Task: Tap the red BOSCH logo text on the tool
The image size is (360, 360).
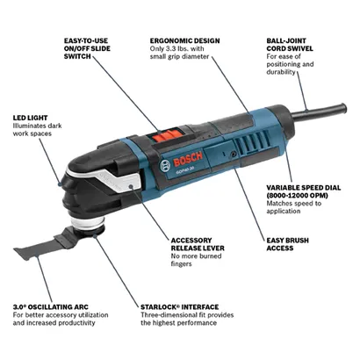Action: coord(188,159)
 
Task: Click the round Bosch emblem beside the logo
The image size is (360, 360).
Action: coord(165,166)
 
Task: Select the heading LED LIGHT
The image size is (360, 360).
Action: coord(30,118)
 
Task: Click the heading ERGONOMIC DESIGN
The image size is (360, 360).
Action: coord(184,40)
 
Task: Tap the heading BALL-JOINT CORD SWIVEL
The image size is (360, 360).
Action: coord(290,45)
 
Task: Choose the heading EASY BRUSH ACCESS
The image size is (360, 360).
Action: coord(287,244)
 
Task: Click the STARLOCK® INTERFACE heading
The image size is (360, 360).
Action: coord(180,307)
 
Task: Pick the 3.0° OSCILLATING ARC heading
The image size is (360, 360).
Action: coord(50,307)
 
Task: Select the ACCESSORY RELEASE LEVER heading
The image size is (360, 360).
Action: coord(198,244)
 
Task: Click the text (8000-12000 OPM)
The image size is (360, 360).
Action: coord(297,195)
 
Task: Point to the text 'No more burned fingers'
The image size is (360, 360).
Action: coord(197,260)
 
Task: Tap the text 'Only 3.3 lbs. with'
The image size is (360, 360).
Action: coord(177,48)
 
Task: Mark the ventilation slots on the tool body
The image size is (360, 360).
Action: coord(251,141)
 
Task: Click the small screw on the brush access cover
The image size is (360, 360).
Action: coord(234,153)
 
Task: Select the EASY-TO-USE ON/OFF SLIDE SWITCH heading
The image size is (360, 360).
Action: coord(87,48)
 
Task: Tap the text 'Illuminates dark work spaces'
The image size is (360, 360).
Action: coord(37,130)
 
